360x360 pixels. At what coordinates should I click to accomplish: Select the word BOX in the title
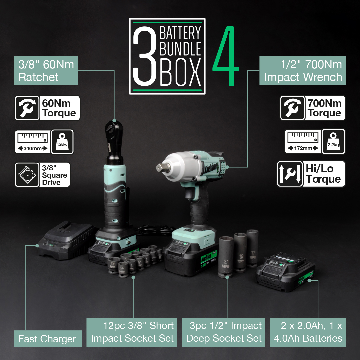coord(180,73)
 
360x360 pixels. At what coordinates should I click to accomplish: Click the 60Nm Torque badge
coord(48,108)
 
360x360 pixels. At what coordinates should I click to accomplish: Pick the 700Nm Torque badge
coord(312,108)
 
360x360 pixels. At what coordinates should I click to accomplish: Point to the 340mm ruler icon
coord(32,142)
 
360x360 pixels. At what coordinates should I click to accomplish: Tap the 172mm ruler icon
coord(302,142)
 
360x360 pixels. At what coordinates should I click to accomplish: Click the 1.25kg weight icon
coord(62,142)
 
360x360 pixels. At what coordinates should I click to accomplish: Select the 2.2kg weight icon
coord(333,142)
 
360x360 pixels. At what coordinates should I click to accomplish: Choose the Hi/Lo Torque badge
coord(311,174)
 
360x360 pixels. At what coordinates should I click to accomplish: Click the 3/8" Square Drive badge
coord(42,175)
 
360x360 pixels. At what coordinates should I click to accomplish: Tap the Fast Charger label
coord(47,339)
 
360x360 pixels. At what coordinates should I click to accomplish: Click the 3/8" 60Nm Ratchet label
coord(46,71)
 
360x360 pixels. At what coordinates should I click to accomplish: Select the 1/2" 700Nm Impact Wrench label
coord(303,71)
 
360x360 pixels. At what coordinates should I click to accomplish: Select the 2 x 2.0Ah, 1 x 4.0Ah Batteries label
coord(308,332)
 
